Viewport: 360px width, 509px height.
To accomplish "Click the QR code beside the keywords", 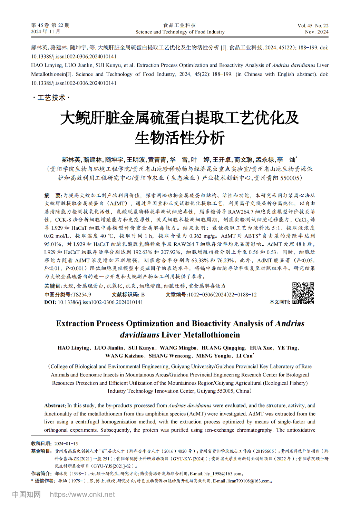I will point(303,293).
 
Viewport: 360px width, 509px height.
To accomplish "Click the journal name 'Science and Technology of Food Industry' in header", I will point(180,32).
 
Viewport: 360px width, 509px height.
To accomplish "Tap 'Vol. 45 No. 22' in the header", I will point(313,26).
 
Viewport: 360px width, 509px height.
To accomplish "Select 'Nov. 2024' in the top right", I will point(317,32).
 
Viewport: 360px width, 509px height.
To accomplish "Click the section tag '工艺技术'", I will point(51,98).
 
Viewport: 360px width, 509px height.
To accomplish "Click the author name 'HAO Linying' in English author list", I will point(73,348).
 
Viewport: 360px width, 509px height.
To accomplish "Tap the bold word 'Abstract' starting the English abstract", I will point(55,405).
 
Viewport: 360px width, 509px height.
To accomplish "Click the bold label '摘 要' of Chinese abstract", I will point(53,195).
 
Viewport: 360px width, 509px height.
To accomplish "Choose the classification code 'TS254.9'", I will point(82,295).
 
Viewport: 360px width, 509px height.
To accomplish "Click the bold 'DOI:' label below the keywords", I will point(50,302).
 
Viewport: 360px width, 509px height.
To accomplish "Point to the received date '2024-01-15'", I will point(66,443).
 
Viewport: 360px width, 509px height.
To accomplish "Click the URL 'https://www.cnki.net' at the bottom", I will point(82,495).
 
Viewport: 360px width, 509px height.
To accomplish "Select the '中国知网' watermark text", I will point(26,495).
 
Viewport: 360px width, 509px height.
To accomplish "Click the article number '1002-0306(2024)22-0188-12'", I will point(222,295).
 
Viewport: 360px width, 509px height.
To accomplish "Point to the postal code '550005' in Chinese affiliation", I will point(285,178).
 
